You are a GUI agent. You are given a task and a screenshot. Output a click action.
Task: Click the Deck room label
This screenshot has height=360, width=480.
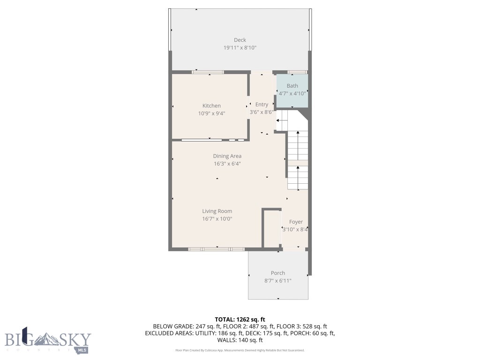[240, 40]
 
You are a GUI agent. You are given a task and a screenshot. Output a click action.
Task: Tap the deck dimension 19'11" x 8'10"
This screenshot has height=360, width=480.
[240, 48]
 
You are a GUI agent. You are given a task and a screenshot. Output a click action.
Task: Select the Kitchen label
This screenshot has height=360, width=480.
[211, 105]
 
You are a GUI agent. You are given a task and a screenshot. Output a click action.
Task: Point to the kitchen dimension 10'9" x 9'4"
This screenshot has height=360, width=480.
[211, 113]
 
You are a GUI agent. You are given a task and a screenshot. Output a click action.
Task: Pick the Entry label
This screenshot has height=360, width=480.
[262, 105]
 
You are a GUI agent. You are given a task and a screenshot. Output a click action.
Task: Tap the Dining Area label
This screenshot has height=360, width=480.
[227, 156]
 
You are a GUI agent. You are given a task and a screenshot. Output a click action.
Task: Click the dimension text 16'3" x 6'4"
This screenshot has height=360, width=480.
[227, 164]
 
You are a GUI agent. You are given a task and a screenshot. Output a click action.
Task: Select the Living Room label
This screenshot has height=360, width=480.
[217, 211]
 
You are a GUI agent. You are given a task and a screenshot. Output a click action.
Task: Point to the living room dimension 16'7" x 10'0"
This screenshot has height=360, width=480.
[217, 219]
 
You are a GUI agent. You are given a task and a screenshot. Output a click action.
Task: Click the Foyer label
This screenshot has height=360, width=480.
[296, 222]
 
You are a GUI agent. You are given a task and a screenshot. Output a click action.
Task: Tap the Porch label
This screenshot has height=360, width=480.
[278, 273]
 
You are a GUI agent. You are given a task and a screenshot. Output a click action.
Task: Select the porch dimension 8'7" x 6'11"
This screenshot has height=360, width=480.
[278, 281]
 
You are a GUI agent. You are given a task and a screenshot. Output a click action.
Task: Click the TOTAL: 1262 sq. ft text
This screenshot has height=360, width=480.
[240, 319]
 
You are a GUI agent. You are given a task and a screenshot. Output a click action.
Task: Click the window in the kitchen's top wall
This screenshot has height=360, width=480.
[208, 72]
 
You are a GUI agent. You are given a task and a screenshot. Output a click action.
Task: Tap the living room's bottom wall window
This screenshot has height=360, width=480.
[217, 249]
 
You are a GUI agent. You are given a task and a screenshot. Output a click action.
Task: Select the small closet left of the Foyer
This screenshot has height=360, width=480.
[271, 228]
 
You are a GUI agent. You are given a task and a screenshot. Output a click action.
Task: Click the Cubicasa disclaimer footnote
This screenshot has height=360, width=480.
[240, 350]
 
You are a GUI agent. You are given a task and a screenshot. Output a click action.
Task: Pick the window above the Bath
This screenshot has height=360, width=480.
[297, 72]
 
